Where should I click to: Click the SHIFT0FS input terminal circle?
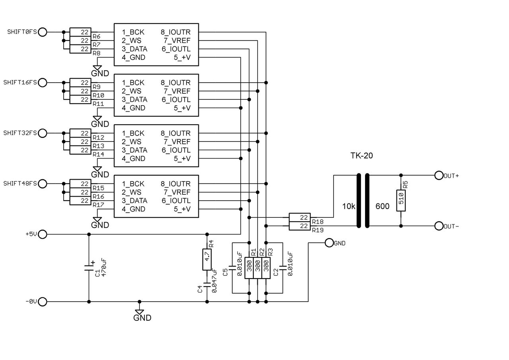pos(43,32)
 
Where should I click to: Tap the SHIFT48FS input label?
pos(20,184)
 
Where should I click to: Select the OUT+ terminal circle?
pos(439,175)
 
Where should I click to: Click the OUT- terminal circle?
pos(439,226)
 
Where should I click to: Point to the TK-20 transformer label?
pos(361,156)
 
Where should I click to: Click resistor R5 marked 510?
pos(401,201)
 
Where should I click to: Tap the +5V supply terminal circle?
pos(43,234)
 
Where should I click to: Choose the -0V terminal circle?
pos(43,302)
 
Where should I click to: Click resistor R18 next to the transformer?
pos(300,217)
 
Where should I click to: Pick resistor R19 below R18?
pos(300,226)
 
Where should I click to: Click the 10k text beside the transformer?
pos(348,206)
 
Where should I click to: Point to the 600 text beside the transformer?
pos(382,206)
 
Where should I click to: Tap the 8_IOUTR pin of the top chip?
pos(175,32)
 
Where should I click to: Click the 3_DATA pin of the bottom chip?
pos(134,201)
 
